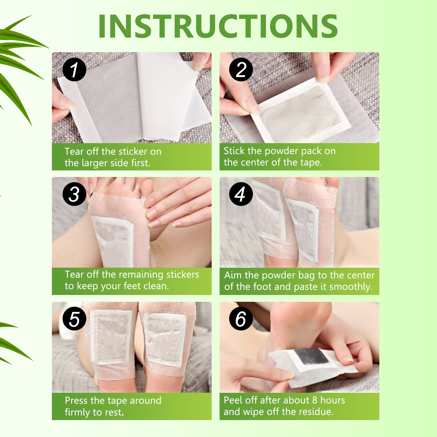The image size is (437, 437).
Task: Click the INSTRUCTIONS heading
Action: (x=218, y=26)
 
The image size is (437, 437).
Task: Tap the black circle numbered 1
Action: (x=74, y=69)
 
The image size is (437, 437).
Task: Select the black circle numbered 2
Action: (x=241, y=69)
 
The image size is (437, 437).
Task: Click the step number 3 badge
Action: (x=74, y=194)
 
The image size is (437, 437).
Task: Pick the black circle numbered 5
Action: (x=74, y=319)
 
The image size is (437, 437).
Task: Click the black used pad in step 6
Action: (x=312, y=356)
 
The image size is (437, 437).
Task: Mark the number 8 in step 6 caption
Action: (x=315, y=400)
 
